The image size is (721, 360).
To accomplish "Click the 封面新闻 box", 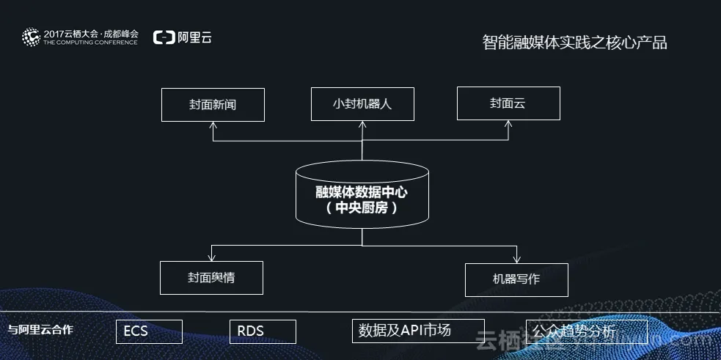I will tap(213, 104).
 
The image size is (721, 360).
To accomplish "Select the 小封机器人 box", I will tap(362, 103).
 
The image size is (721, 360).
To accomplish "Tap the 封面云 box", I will tap(508, 103).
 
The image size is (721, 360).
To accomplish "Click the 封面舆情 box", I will tap(211, 278).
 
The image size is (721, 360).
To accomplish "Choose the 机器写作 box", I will tap(516, 279).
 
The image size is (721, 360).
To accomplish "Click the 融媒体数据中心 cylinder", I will tap(362, 193).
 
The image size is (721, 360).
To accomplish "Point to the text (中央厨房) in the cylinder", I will tap(362, 207).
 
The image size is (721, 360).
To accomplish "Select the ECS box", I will tap(150, 331).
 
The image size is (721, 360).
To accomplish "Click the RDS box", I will tap(263, 331).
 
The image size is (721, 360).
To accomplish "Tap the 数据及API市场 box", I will tap(418, 331).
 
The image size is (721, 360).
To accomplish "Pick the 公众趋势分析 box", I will tap(587, 331).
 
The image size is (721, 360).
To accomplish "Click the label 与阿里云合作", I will tap(40, 330).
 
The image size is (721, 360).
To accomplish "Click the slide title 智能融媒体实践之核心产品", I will tap(574, 42).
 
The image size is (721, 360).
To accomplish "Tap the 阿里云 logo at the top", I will tap(182, 37).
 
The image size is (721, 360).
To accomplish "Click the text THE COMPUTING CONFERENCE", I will tap(90, 43).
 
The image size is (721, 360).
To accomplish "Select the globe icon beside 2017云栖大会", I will tap(31, 37).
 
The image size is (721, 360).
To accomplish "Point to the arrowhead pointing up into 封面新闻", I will tap(213, 125).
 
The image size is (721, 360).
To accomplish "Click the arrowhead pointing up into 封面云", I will tap(508, 125).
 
